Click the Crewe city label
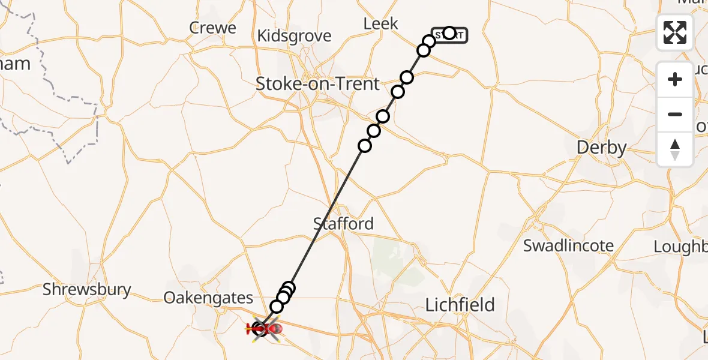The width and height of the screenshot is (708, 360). pyautogui.click(x=212, y=28)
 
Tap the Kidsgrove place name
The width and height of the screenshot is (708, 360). pyautogui.click(x=293, y=36)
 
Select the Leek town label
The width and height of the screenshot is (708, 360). pyautogui.click(x=381, y=24)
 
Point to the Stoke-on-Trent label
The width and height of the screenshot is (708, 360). pyautogui.click(x=317, y=84)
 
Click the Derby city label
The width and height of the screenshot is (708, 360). pyautogui.click(x=601, y=148)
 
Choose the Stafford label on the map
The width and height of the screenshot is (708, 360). pyautogui.click(x=343, y=224)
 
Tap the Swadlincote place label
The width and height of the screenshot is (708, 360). pyautogui.click(x=568, y=246)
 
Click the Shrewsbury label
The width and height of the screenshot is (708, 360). pyautogui.click(x=86, y=290)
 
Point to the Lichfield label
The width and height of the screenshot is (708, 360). pyautogui.click(x=460, y=305)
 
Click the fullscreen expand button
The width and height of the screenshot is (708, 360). pyautogui.click(x=675, y=32)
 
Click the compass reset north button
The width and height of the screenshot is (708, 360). pyautogui.click(x=675, y=149)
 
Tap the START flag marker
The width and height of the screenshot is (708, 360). pyautogui.click(x=449, y=34)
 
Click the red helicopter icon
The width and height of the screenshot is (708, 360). pyautogui.click(x=264, y=329)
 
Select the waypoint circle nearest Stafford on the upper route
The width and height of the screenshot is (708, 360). pyautogui.click(x=364, y=146)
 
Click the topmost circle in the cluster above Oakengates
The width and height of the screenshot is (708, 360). pyautogui.click(x=289, y=287)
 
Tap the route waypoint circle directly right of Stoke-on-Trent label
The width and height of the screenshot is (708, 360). pyautogui.click(x=398, y=92)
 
